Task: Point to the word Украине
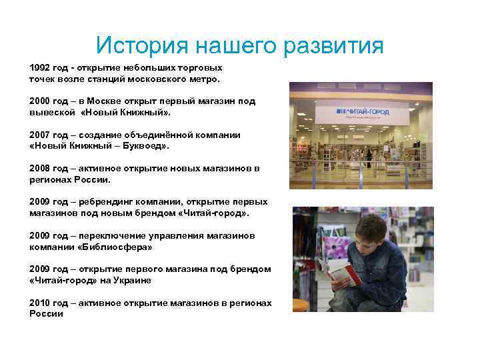coord(131,280)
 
